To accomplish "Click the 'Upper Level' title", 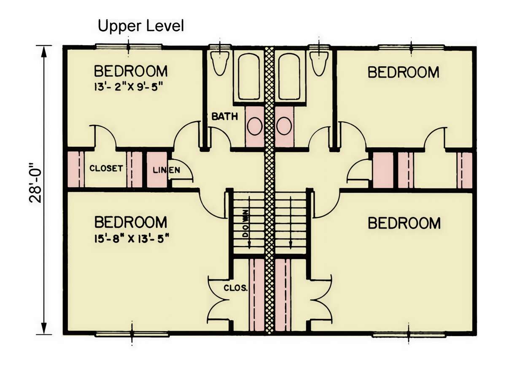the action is [x=141, y=27].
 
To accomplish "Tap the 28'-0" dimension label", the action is [x=35, y=182].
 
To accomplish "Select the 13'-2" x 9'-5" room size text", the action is [x=128, y=86].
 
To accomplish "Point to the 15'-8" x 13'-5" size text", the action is [x=132, y=239].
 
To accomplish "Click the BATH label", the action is [x=225, y=116].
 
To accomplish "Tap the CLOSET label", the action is [x=106, y=168].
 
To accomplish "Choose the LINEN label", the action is [x=167, y=170].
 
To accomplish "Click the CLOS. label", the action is [x=236, y=288].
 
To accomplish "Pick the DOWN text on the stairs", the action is [x=246, y=224].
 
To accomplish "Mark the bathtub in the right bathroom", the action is [x=290, y=76].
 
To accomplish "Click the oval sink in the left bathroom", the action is [x=255, y=126].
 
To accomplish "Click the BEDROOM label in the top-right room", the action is [x=404, y=72].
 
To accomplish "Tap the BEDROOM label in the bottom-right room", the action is [x=404, y=223].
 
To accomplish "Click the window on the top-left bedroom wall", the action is [x=128, y=47].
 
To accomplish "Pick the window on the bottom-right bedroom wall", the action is [x=409, y=335].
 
